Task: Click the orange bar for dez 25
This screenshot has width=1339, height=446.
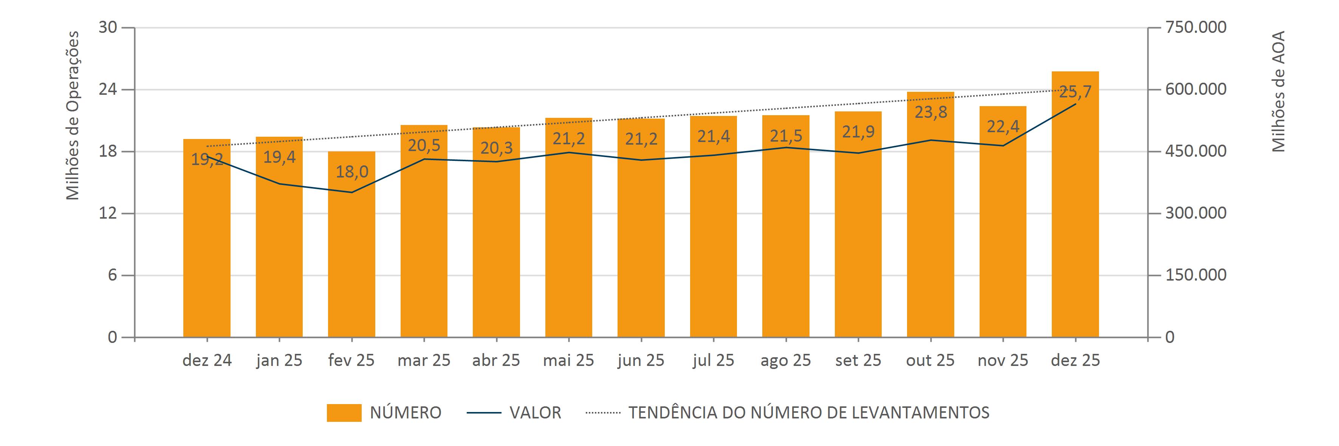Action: point(1075,218)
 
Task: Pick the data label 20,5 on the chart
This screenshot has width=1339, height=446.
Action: point(424,145)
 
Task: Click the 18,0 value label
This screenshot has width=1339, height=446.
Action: point(352,172)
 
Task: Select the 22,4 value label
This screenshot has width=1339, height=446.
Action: point(1003,126)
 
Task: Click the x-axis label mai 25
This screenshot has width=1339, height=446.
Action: point(568,360)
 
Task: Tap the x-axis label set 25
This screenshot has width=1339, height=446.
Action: point(858,360)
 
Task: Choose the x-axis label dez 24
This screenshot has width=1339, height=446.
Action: point(207,360)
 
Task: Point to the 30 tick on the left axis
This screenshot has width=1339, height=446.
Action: point(108,28)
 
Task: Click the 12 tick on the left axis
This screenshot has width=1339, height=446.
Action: point(108,213)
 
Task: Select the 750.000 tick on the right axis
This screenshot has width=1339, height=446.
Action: point(1195,28)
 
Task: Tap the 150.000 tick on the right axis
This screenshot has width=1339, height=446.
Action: point(1195,275)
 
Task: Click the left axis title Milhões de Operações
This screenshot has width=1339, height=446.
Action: point(73,115)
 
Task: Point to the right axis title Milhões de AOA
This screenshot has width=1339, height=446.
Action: point(1278,91)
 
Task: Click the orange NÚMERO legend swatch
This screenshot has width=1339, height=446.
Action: point(344,413)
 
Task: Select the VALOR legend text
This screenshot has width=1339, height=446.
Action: point(535,413)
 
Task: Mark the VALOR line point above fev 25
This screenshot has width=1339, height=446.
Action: point(351,193)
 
